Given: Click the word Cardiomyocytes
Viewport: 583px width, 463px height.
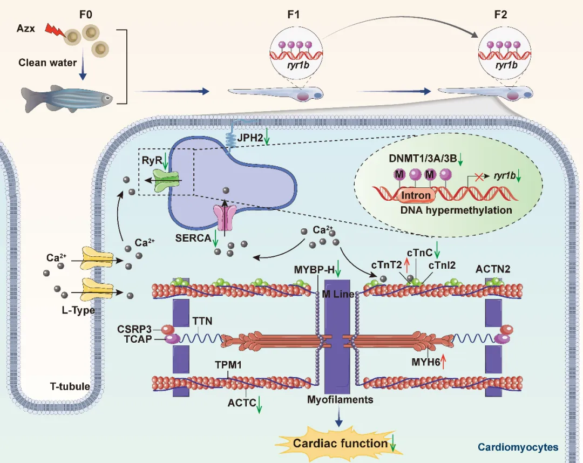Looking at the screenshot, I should [518, 447].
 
